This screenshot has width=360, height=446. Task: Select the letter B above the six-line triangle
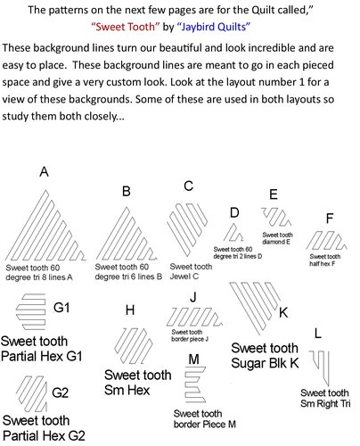[x=127, y=192]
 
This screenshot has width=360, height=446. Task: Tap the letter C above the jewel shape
[x=188, y=186]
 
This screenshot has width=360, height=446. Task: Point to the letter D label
[x=233, y=212]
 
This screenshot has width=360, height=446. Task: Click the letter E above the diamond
[x=273, y=194]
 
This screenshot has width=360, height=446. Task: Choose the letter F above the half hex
[x=330, y=219]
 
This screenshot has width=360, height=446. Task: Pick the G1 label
[x=61, y=307]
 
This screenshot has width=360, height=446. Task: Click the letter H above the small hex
[x=130, y=310]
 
